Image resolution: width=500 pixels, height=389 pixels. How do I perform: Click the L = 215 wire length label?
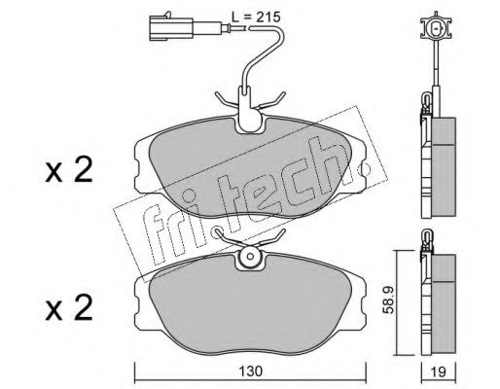point(256,18)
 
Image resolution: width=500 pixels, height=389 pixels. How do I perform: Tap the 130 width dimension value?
point(251,371)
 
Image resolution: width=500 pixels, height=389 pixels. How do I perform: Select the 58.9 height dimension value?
point(388,301)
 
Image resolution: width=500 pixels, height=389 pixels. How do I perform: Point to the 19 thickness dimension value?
point(439,371)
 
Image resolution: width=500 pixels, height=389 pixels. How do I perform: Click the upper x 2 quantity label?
point(69,169)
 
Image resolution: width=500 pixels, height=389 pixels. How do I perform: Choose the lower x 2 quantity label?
point(69,308)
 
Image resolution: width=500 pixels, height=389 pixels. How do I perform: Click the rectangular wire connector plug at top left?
point(171,29)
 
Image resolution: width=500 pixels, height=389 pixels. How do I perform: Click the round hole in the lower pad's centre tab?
point(250,256)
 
